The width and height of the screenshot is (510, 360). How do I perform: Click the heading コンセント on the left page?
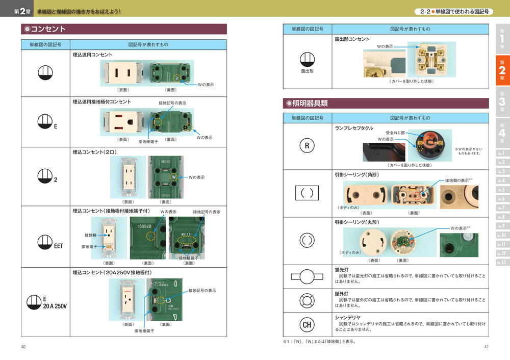coord(48,29)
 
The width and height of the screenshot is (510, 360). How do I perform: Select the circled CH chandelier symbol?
coord(307,324)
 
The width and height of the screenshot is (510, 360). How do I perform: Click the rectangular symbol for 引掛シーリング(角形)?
coord(307,194)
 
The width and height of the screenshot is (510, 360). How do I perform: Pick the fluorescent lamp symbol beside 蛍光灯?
coord(307,277)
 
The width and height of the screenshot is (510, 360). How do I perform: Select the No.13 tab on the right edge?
coord(502,263)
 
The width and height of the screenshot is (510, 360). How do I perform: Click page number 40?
coord(23,347)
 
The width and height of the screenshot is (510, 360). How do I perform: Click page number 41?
coord(487,347)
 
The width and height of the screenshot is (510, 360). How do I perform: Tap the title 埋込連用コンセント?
coord(93,54)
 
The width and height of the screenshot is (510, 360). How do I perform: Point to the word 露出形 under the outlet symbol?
coord(307,71)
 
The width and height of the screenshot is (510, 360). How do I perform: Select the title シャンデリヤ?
coord(347,317)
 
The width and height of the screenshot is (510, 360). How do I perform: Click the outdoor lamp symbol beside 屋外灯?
coord(307,300)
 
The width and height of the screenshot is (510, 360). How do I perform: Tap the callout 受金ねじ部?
coord(395,133)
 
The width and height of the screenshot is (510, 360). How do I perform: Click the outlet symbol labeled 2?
coord(45,175)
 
